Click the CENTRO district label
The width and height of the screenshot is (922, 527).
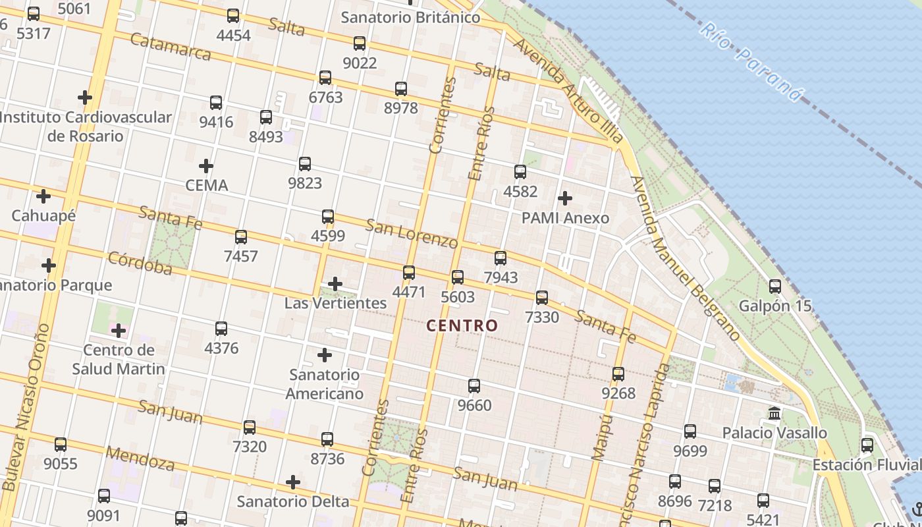tap(462, 325)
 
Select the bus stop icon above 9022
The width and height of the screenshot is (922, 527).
tap(359, 43)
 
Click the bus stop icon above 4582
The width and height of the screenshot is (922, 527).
tap(520, 172)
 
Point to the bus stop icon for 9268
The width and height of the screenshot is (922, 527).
tap(618, 374)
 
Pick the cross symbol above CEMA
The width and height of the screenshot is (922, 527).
tap(206, 166)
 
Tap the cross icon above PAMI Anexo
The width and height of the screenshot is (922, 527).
tap(564, 198)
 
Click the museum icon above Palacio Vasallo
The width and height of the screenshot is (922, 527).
tap(774, 414)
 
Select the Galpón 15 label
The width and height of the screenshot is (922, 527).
tap(775, 306)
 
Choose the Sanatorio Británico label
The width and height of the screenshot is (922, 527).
tap(410, 18)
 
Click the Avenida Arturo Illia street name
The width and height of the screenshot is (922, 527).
tap(567, 90)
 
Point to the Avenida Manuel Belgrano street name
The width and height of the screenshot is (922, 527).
tap(685, 257)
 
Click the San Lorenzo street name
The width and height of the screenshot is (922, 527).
tap(411, 233)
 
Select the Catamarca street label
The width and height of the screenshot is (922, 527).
tap(171, 46)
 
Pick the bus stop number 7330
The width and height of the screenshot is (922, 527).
tap(542, 318)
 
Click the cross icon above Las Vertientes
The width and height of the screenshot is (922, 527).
tap(335, 284)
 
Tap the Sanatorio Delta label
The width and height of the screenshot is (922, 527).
tap(293, 502)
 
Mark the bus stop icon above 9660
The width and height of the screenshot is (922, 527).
tap(474, 386)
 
